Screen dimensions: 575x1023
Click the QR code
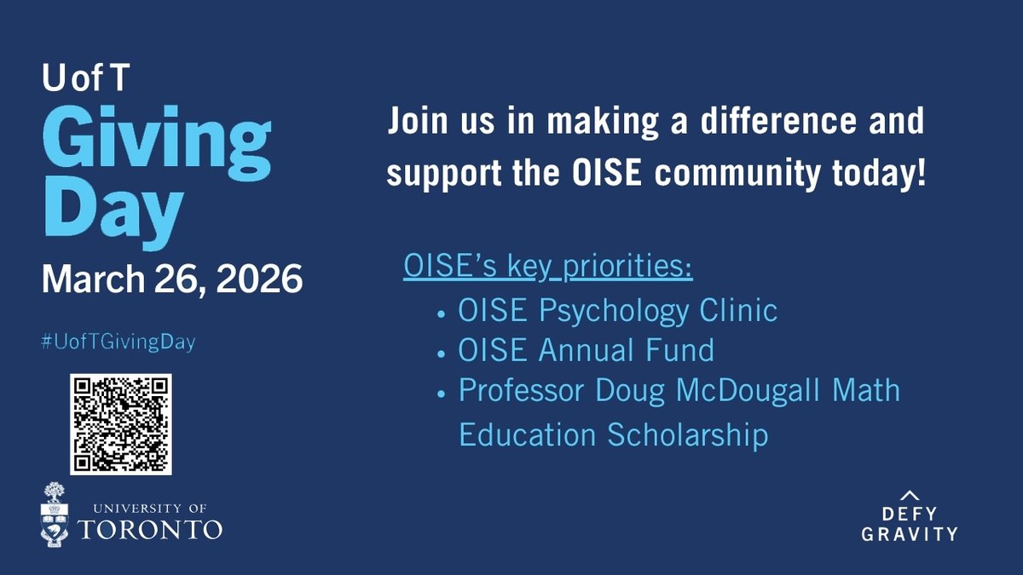[x=121, y=424]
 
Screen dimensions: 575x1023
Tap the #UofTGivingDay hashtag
[x=118, y=342]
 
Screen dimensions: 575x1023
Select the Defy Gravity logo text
[x=910, y=525]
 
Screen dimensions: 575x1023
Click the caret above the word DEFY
[x=910, y=494]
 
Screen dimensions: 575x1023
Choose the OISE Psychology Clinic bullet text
[x=617, y=309]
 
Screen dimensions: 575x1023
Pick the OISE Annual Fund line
[x=586, y=350]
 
